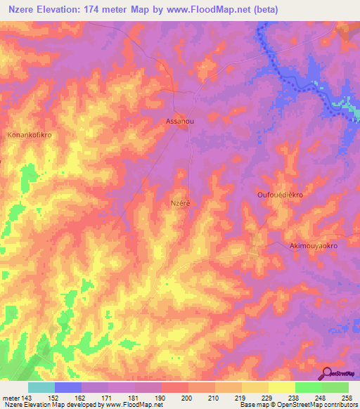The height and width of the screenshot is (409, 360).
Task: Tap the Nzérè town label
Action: (181, 202)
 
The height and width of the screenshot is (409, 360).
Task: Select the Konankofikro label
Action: (30, 134)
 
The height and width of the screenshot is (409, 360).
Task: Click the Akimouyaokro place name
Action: (314, 247)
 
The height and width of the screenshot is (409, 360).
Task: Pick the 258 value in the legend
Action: (347, 396)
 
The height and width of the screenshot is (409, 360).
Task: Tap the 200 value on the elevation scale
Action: (187, 396)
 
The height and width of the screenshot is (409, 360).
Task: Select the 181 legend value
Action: (134, 396)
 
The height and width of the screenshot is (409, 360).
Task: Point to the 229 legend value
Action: (267, 396)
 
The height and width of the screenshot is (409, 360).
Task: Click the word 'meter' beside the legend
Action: (10, 396)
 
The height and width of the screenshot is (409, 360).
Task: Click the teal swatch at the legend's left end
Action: (41, 387)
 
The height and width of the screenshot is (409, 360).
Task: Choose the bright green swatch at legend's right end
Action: (335, 387)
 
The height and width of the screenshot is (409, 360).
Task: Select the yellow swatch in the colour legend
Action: (255, 387)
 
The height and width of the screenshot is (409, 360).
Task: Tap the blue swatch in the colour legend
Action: (68, 387)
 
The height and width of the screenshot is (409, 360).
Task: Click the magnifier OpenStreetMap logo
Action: (328, 375)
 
